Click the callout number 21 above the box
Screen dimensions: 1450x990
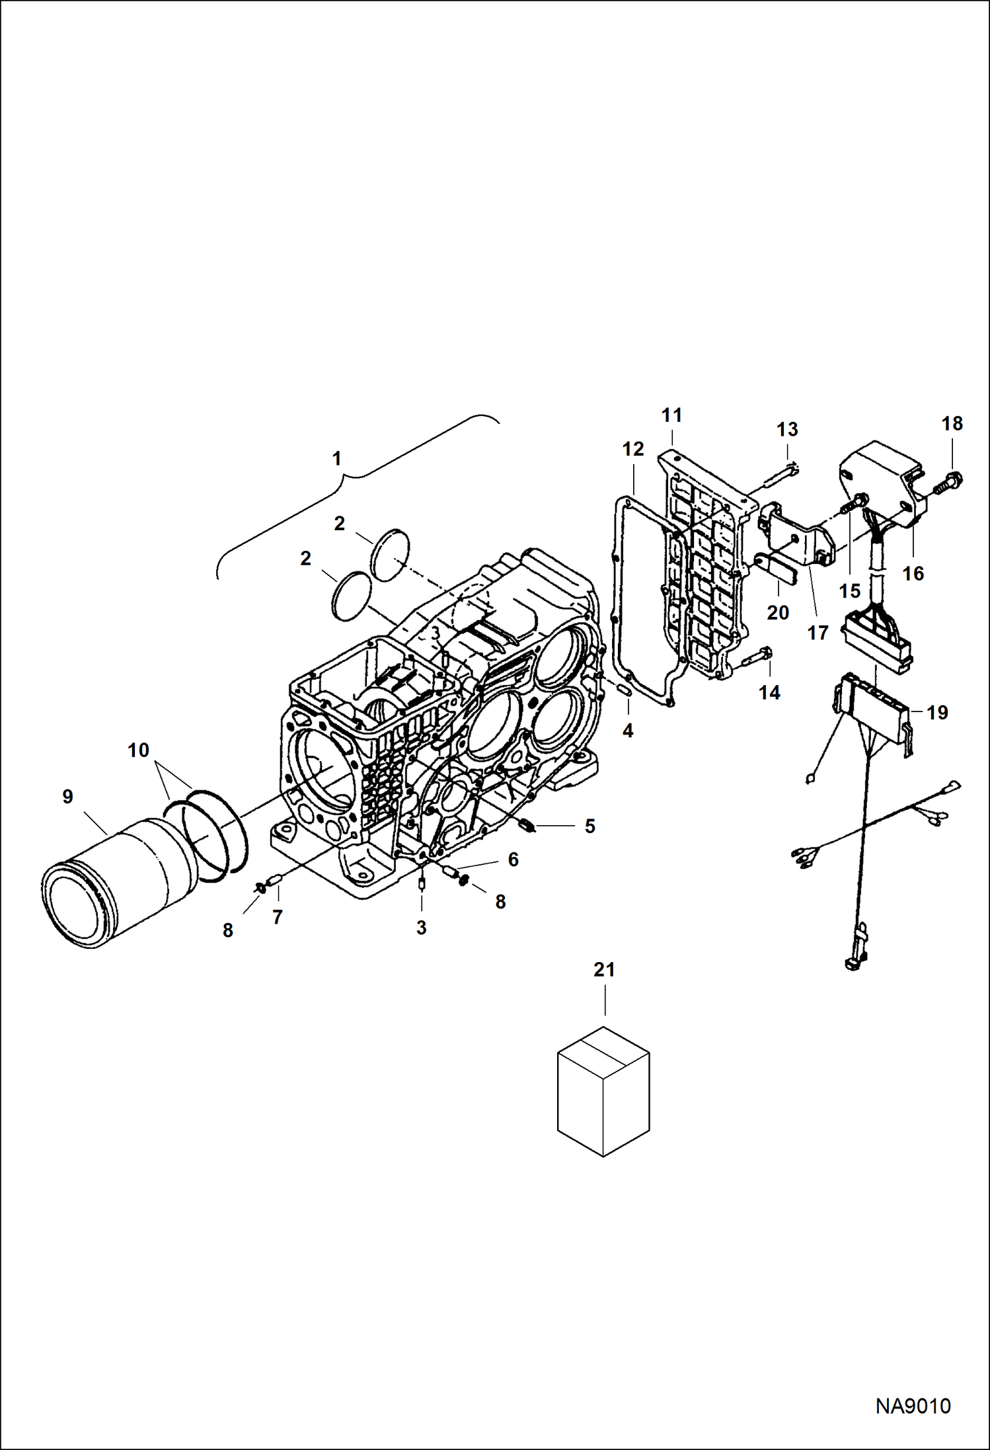click(x=604, y=970)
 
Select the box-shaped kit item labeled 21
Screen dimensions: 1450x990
click(x=603, y=1091)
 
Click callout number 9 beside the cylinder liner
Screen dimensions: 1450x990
click(x=67, y=797)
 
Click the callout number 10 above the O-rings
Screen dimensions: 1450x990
click(x=139, y=750)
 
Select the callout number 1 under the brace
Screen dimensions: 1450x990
click(x=337, y=458)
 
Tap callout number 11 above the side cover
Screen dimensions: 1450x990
click(x=671, y=415)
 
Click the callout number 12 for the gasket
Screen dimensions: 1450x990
click(x=632, y=450)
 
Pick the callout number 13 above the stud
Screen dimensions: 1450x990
click(x=787, y=429)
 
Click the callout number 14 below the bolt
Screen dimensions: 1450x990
click(x=769, y=692)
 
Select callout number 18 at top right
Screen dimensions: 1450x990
click(x=952, y=424)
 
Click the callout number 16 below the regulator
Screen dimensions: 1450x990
click(x=913, y=573)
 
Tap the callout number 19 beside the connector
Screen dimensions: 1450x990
click(x=937, y=713)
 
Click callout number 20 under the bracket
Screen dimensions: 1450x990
click(x=778, y=613)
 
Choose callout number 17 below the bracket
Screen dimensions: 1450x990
click(x=818, y=633)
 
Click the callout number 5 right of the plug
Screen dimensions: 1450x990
click(x=590, y=826)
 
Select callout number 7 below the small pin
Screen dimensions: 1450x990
click(x=278, y=916)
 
